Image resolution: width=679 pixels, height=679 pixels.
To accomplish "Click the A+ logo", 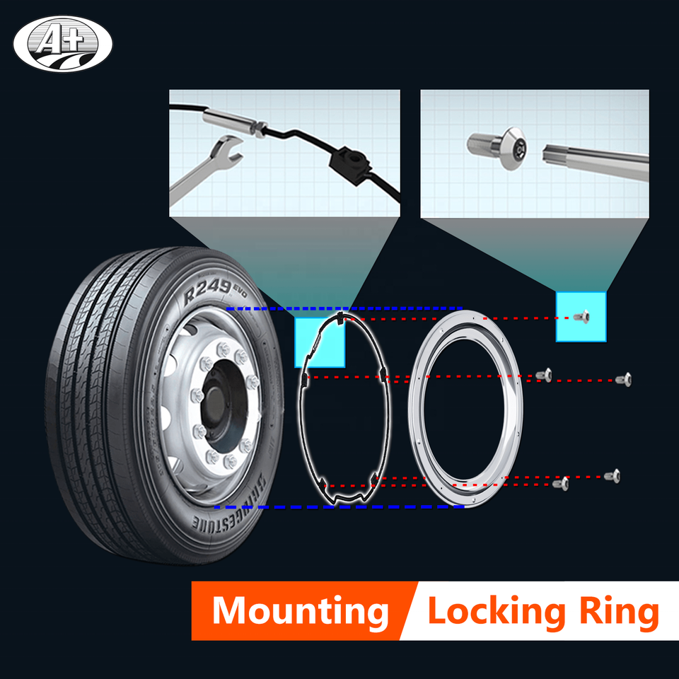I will [62, 44].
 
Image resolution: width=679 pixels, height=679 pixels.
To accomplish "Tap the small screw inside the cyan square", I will [582, 317].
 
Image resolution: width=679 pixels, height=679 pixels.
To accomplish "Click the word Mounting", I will [301, 610].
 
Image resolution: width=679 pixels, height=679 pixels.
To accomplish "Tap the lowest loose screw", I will [562, 483].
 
